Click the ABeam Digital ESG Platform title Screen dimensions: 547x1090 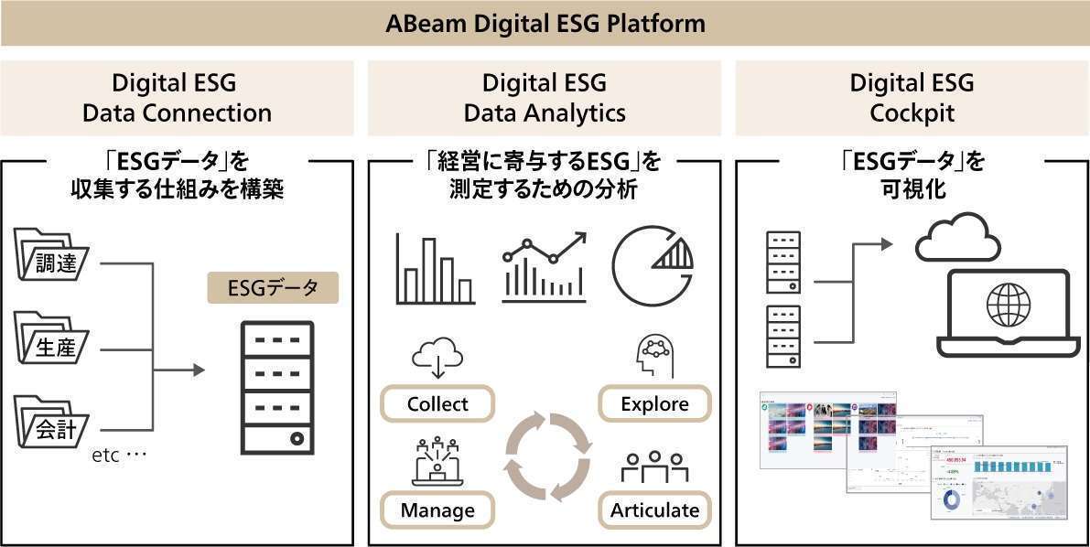[545, 22]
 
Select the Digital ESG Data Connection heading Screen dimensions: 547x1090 [177, 98]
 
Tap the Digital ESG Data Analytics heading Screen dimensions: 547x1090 [545, 98]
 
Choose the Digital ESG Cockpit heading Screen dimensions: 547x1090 [912, 98]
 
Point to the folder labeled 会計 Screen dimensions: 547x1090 [52, 422]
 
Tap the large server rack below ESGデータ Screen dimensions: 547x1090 [275, 388]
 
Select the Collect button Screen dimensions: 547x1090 [437, 403]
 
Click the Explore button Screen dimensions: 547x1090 [654, 403]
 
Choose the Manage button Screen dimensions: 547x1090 [437, 509]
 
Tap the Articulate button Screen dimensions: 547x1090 [654, 509]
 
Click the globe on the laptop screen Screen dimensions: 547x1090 [1008, 303]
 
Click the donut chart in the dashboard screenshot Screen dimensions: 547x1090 [952, 499]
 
